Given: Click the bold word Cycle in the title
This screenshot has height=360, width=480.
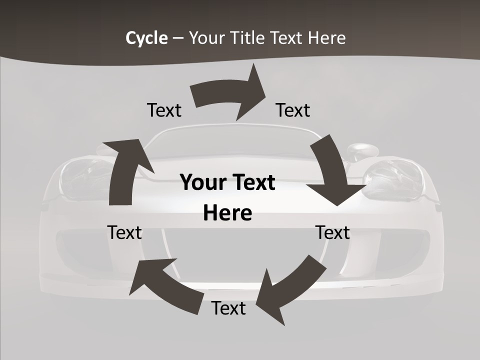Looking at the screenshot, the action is [146, 38].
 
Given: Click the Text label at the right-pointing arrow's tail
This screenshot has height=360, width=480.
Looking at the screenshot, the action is [164, 110].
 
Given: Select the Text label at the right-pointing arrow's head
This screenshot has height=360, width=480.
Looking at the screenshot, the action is [293, 110].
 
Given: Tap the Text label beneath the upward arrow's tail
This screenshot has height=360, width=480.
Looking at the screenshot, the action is [124, 232].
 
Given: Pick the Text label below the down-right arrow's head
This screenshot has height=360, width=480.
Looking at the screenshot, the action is [332, 232].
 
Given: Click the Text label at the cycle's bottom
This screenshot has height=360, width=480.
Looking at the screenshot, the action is [228, 308].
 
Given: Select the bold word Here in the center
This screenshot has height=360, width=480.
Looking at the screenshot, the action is [227, 213].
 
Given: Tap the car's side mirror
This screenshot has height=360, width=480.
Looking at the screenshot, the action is [360, 150].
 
